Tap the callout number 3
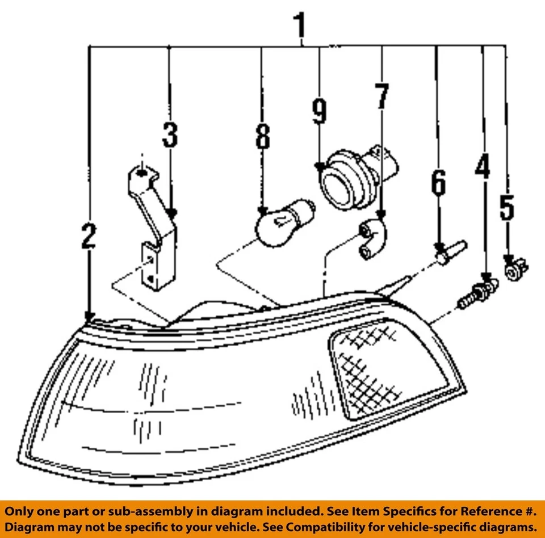[169, 135]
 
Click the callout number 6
[438, 183]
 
